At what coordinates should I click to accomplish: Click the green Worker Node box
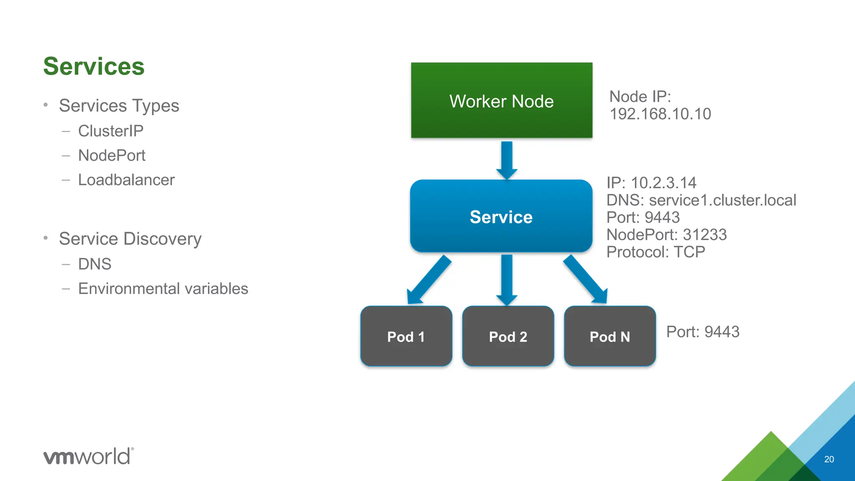click(x=501, y=100)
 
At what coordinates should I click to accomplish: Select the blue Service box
click(x=501, y=216)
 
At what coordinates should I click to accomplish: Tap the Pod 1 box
click(x=406, y=336)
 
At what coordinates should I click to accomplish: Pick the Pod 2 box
click(x=508, y=336)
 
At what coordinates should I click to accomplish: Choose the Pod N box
click(x=610, y=336)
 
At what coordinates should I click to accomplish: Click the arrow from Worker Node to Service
click(x=507, y=160)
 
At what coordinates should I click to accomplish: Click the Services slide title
click(x=94, y=66)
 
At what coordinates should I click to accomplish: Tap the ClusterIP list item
click(x=111, y=131)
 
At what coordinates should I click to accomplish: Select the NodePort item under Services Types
click(x=111, y=155)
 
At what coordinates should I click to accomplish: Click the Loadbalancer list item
click(x=126, y=180)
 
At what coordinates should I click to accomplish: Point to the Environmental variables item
click(x=163, y=289)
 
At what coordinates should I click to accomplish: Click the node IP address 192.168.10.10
click(x=660, y=114)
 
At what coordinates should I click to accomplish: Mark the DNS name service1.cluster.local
click(x=722, y=200)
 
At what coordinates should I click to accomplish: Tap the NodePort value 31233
click(x=705, y=235)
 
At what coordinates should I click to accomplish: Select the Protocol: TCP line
click(x=655, y=252)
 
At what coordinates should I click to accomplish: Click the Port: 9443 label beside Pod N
click(x=703, y=332)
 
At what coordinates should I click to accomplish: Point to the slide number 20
click(x=829, y=459)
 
